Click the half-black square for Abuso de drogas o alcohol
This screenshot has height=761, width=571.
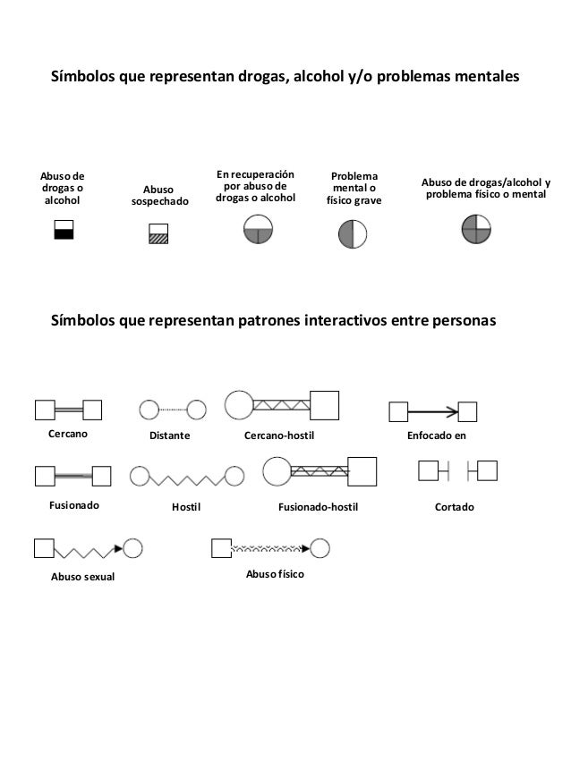64,229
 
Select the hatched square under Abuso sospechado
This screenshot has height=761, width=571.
158,234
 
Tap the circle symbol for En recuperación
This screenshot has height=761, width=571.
258,230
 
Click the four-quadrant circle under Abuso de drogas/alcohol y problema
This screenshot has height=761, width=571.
476,229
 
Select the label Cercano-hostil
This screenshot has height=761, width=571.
280,435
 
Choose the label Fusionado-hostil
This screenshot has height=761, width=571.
319,506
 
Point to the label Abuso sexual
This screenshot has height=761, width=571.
81,577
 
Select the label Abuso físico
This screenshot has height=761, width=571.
275,571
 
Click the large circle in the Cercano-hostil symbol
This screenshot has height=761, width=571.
239,405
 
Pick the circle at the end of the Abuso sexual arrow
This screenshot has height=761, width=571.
132,547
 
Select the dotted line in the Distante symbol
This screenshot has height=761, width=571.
172,410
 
